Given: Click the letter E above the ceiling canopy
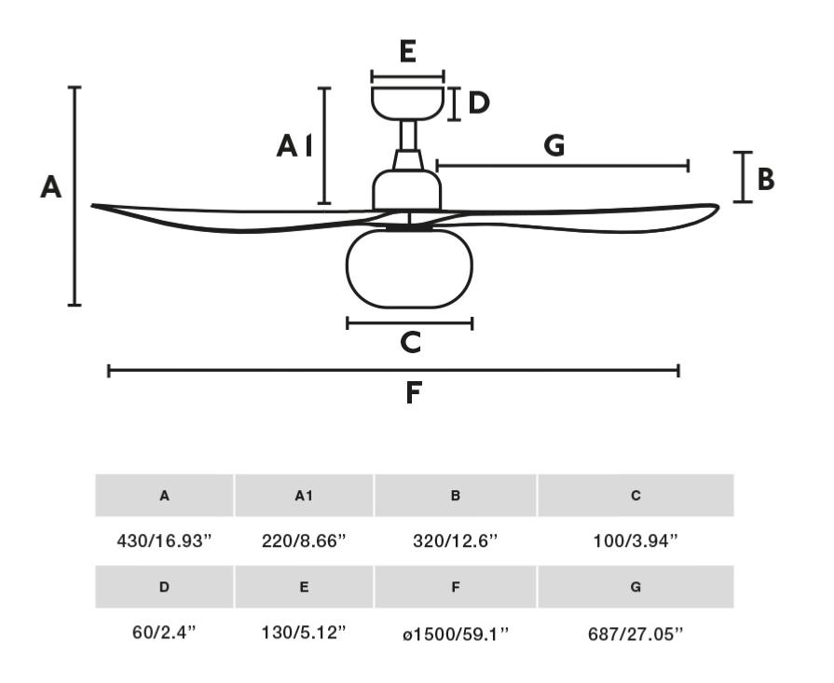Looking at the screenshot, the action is click(x=407, y=51).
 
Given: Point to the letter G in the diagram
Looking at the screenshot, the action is click(x=554, y=145).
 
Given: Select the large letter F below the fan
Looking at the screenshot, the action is click(x=414, y=393).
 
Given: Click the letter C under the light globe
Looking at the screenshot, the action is click(x=411, y=342).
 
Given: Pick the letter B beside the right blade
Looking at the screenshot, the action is click(x=766, y=179).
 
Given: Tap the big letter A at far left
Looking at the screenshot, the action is click(x=51, y=187).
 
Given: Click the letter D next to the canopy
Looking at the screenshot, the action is click(x=479, y=103).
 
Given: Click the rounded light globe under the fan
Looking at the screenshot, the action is click(x=409, y=268).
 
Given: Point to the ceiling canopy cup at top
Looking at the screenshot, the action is click(x=407, y=102).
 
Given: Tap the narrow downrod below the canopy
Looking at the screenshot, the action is click(x=408, y=135).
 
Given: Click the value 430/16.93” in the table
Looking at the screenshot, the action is click(x=164, y=541).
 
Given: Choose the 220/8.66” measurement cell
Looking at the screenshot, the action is click(x=304, y=541).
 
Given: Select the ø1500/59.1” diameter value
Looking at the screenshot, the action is click(x=456, y=634).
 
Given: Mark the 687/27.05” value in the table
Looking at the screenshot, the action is click(x=636, y=634).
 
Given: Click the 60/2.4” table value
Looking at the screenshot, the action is click(x=164, y=633).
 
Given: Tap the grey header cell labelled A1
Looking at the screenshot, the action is click(x=304, y=495).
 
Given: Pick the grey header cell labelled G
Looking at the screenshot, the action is click(x=636, y=587).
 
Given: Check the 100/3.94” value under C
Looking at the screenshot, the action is click(x=636, y=541).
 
